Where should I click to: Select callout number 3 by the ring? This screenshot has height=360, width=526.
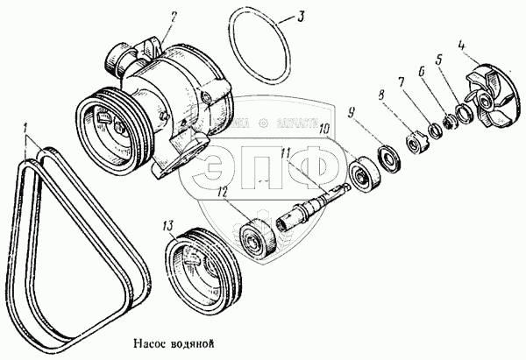[301, 16]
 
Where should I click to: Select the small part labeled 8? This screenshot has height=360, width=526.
[410, 140]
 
